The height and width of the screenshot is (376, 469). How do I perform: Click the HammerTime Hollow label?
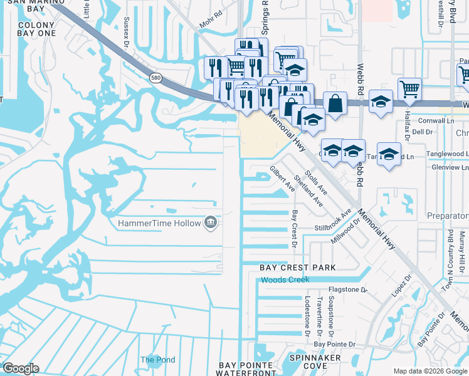pyautogui.click(x=159, y=223)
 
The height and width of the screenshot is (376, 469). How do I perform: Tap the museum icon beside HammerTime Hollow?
pyautogui.click(x=211, y=222)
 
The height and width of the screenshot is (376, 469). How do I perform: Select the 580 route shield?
pyautogui.click(x=155, y=77)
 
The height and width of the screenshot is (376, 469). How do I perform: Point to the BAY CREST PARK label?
pyautogui.click(x=298, y=268)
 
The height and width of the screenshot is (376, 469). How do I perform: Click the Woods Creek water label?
pyautogui.click(x=285, y=279)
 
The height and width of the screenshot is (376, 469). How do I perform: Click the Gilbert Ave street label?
pyautogui.click(x=282, y=179)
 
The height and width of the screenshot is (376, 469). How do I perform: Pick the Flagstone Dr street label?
pyautogui.click(x=347, y=290)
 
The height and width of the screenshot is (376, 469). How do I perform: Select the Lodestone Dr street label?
pyautogui.click(x=307, y=315)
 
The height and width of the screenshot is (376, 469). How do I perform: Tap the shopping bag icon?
pyautogui.click(x=335, y=103)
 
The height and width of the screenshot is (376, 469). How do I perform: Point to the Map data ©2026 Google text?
pyautogui.click(x=429, y=371)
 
